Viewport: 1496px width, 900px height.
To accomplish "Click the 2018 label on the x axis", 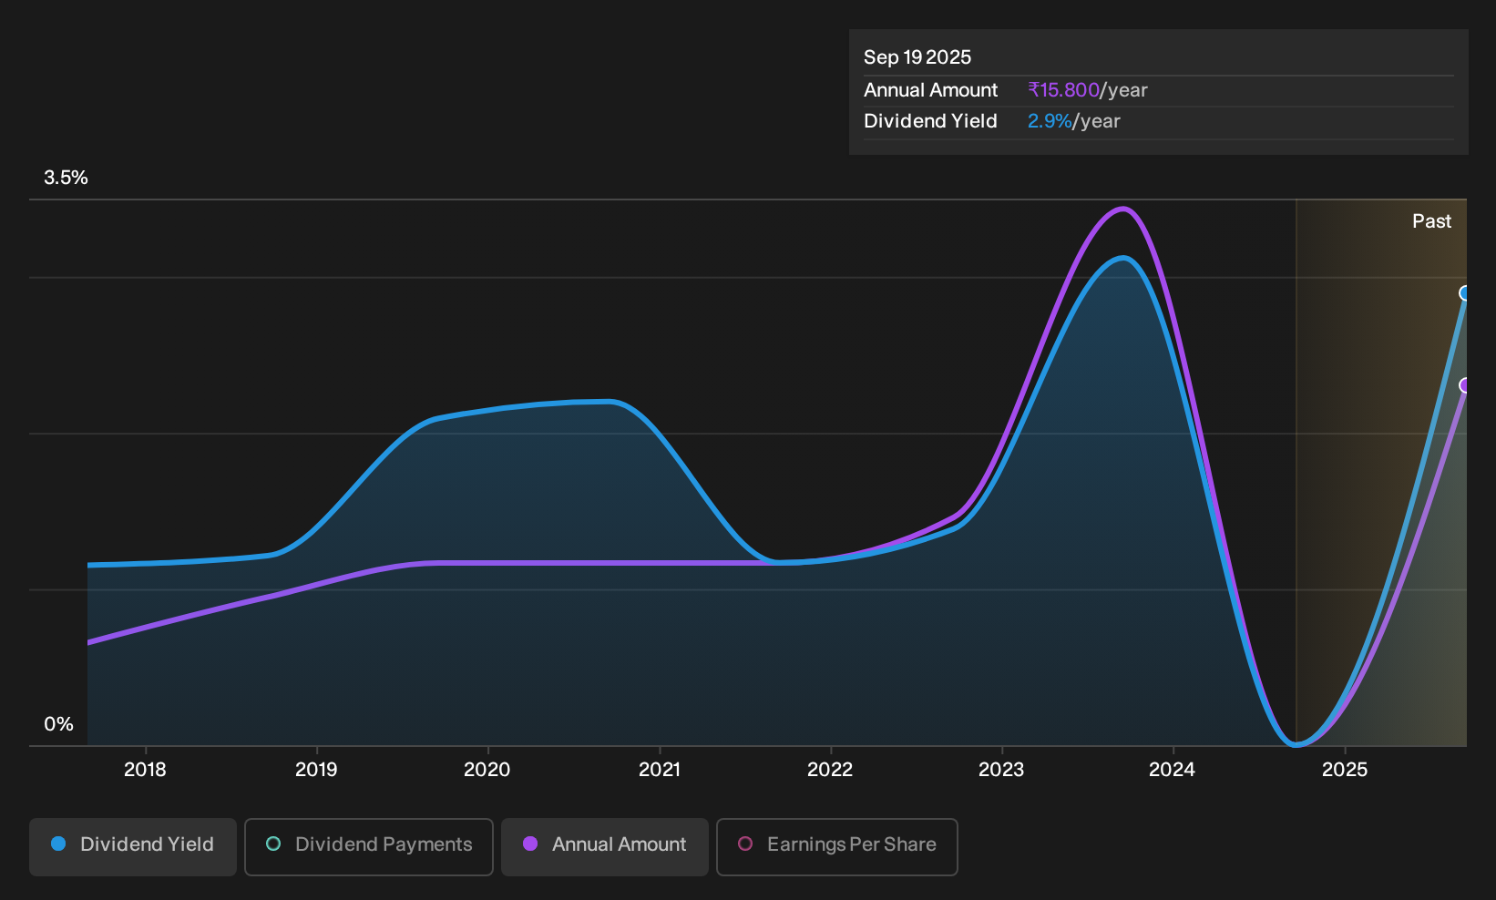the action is (145, 769).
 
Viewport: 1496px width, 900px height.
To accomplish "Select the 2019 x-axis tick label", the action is (316, 769).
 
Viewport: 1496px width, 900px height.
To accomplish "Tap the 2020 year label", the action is (487, 769).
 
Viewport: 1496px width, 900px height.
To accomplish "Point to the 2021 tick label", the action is (660, 769).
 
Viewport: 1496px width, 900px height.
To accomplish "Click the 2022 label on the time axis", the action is (830, 769).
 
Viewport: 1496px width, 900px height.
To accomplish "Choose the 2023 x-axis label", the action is (1001, 769).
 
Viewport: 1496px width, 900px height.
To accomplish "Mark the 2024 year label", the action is (1172, 769).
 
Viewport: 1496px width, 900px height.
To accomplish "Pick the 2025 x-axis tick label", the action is (1345, 769).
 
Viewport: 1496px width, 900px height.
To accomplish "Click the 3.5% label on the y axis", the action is (66, 178).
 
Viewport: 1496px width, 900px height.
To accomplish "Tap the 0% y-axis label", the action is (58, 724).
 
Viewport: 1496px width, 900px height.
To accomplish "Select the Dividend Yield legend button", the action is (133, 846).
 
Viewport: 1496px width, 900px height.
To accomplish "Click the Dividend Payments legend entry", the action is (369, 846).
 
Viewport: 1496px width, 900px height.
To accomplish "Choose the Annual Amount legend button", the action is (604, 846).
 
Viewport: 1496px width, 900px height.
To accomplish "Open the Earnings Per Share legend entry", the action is (836, 846).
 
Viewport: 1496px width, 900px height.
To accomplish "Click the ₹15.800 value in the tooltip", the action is (1063, 90).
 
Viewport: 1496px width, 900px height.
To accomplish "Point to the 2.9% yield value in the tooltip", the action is (1050, 121).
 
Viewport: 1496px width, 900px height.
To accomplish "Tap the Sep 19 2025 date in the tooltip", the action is (917, 57).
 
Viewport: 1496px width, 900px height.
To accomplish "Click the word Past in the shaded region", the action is (1431, 221).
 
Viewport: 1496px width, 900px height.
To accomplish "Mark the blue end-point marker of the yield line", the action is (1465, 293).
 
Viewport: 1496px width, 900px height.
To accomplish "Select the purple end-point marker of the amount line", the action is (1465, 385).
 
